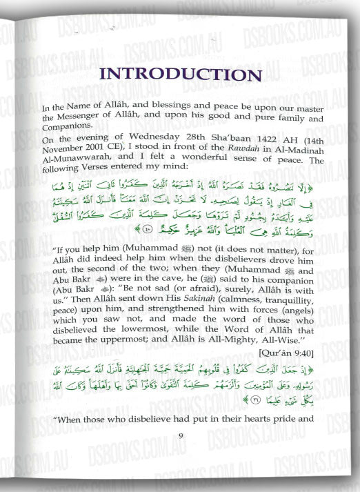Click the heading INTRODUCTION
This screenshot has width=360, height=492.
click(x=180, y=75)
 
